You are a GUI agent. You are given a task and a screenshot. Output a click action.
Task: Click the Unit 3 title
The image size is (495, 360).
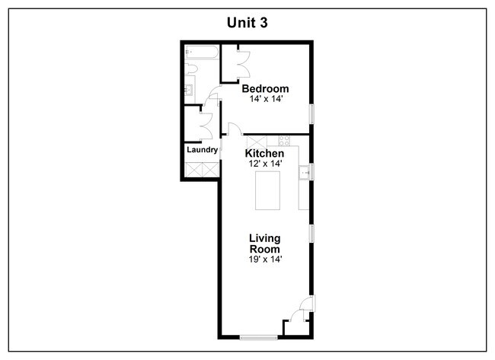(247, 23)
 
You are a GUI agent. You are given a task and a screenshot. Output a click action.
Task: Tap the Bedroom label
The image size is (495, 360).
(265, 88)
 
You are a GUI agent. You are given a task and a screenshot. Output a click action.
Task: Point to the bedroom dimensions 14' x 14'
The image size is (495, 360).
(266, 99)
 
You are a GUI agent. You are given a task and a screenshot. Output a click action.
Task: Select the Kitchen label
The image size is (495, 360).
(264, 153)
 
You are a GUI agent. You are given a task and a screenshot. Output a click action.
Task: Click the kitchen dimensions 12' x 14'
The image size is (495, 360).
(265, 164)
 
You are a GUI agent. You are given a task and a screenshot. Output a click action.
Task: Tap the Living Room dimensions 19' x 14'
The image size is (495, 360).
(265, 260)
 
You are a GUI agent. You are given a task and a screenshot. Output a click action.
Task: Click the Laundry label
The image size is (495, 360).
(203, 150)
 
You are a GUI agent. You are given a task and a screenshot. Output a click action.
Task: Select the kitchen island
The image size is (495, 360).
(267, 190)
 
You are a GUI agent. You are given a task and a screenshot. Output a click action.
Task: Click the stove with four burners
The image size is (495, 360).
(284, 141)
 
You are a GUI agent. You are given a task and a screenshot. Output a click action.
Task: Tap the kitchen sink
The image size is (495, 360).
(304, 172)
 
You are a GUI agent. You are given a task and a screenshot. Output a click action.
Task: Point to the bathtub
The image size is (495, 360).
(202, 53)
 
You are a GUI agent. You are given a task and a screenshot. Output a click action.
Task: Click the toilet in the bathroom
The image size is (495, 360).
(190, 68)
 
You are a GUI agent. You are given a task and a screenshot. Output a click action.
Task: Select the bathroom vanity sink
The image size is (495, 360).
(188, 90)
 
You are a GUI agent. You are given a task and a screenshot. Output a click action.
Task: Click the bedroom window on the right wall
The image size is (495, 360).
(311, 113)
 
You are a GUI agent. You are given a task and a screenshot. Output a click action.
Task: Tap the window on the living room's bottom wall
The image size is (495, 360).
(259, 338)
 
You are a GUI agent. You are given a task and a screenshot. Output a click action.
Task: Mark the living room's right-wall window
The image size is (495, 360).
(311, 234)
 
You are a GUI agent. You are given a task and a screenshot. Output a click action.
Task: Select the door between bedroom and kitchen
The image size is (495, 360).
(235, 129)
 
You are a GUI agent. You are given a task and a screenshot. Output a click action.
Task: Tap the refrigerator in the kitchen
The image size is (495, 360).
(257, 142)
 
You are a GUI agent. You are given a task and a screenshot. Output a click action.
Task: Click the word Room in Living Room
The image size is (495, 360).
(265, 249)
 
